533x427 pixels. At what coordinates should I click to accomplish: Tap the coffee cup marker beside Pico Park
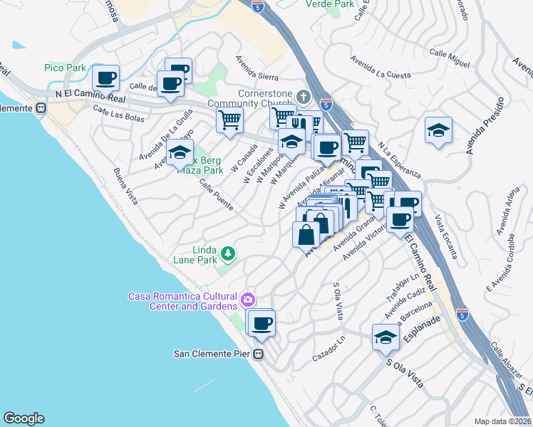[105, 78]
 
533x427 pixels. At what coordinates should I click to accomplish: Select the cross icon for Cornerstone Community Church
[303, 96]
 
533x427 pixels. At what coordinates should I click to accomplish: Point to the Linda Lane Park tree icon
[227, 253]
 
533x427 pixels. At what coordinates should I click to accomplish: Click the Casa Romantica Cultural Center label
[182, 301]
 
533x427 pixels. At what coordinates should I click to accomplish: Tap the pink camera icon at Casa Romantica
[247, 298]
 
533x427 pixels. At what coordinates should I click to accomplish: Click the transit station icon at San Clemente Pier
[259, 353]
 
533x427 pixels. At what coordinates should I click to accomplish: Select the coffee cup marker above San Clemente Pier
[262, 323]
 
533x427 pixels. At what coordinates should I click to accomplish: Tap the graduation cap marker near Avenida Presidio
[438, 130]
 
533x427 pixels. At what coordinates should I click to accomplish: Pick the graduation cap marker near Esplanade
[385, 337]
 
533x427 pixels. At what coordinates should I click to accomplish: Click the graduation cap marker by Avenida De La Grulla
[180, 153]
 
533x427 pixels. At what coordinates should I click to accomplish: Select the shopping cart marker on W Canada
[229, 120]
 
